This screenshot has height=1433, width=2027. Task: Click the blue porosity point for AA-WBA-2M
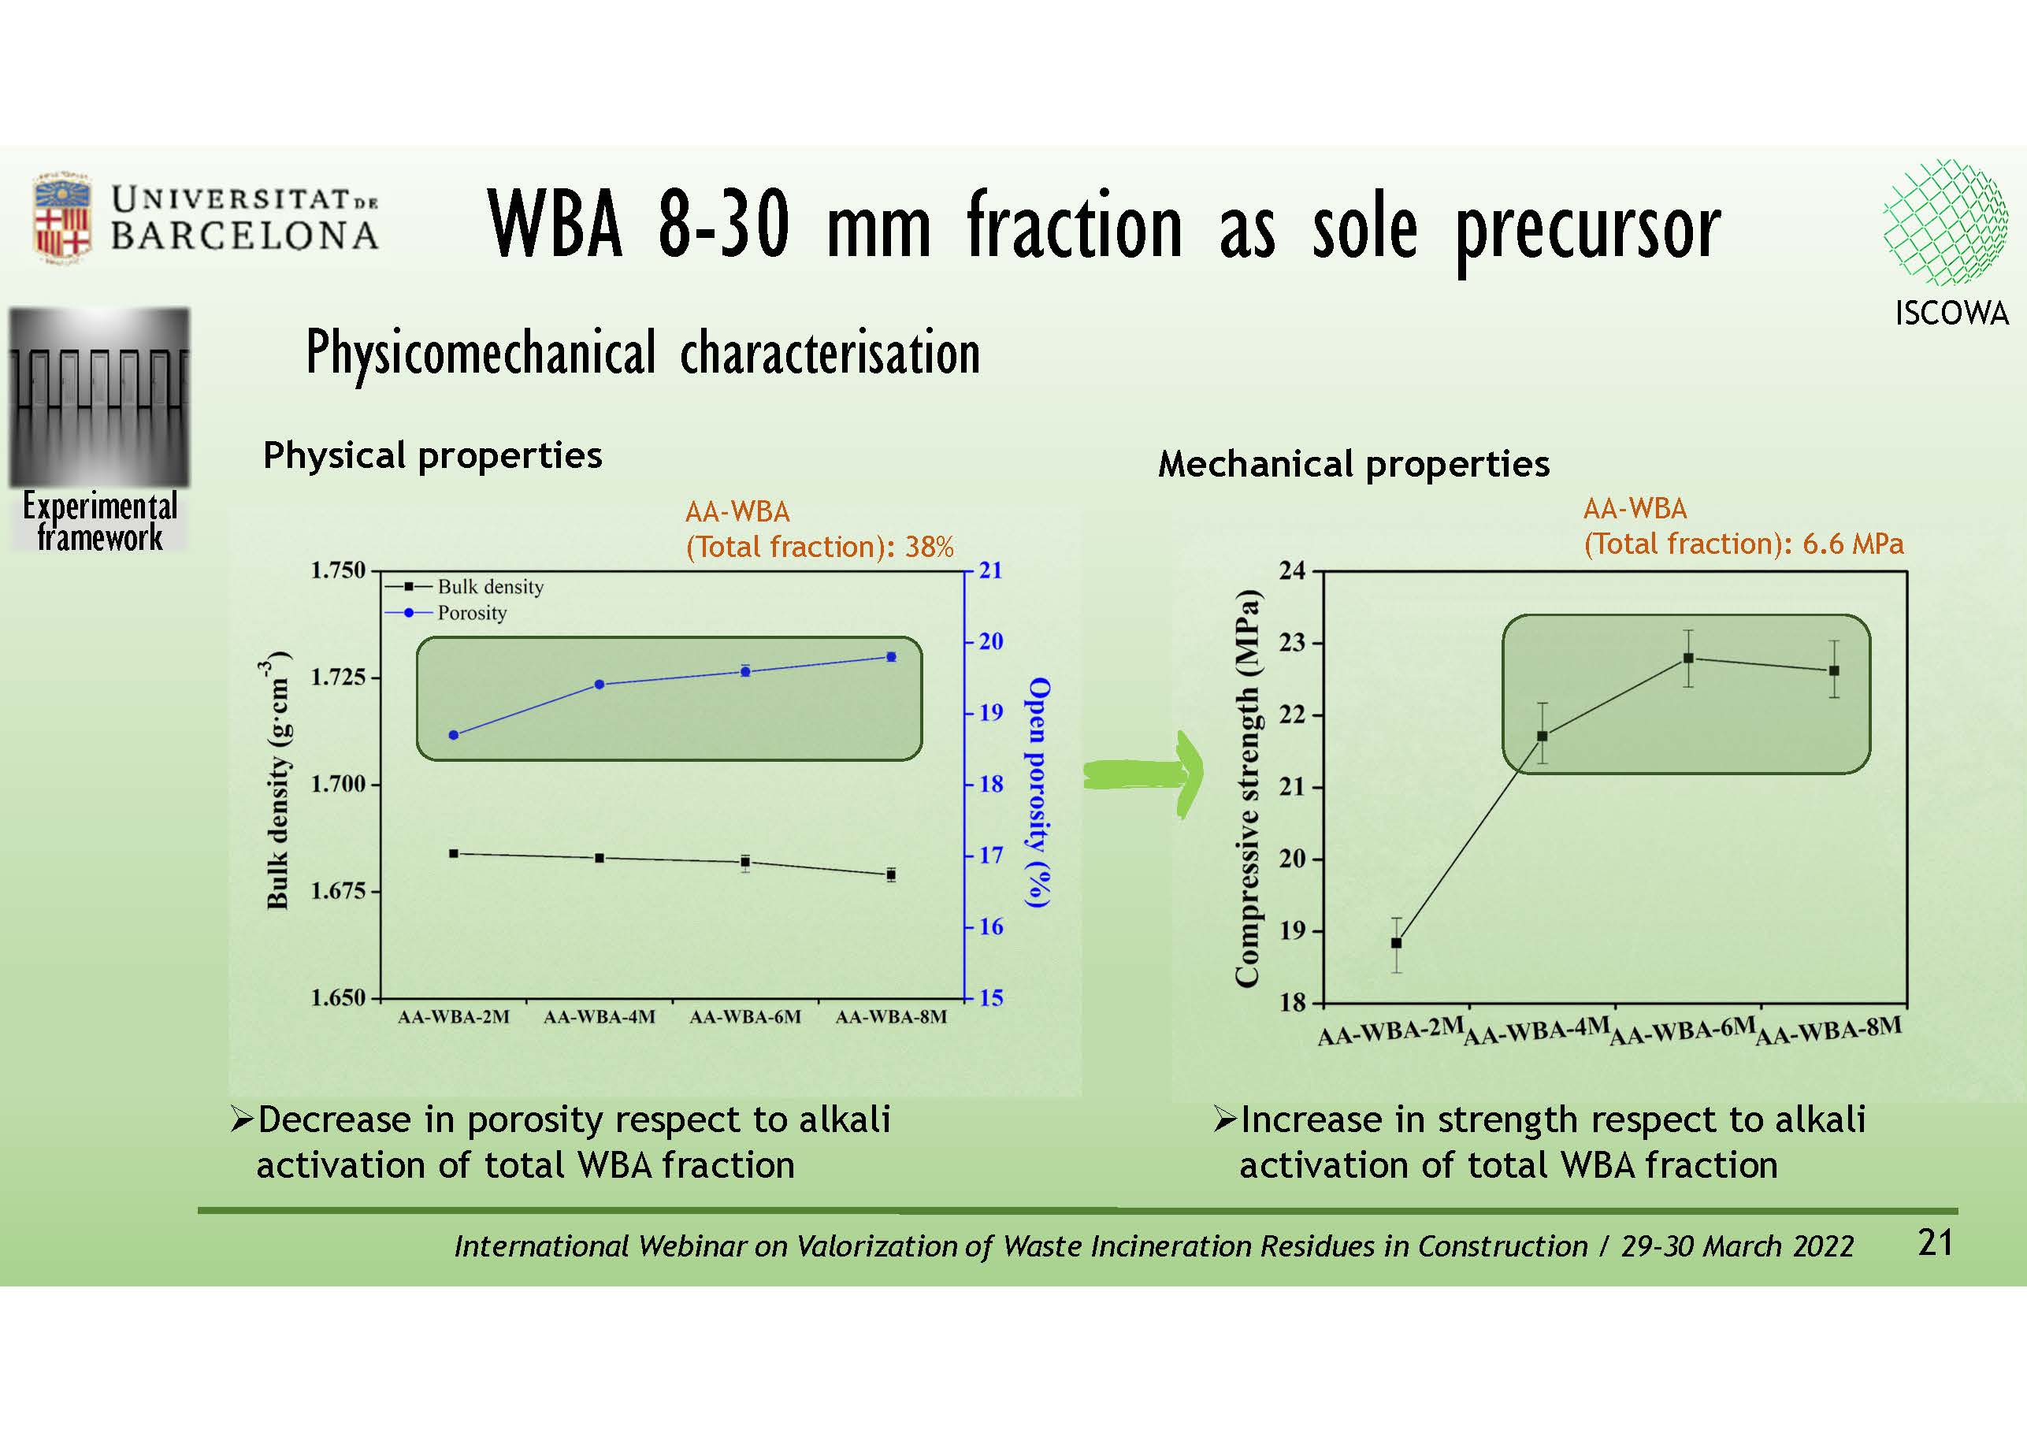[x=454, y=734]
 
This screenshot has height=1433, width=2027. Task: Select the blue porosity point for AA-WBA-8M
[x=891, y=656]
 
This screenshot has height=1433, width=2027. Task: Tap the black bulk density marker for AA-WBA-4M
[x=600, y=857]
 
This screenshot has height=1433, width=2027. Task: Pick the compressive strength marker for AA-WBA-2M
[x=1396, y=943]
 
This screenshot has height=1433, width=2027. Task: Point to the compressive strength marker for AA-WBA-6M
[x=1688, y=658]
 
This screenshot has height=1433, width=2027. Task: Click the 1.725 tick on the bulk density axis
[x=338, y=678]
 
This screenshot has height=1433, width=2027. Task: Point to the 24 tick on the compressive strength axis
[x=1293, y=570]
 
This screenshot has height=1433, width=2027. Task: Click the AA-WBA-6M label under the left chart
[x=745, y=1017]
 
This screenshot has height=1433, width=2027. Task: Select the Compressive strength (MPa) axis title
[x=1246, y=787]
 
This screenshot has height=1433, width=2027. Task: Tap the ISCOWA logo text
[x=1951, y=314]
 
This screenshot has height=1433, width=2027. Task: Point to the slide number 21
[x=1935, y=1243]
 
